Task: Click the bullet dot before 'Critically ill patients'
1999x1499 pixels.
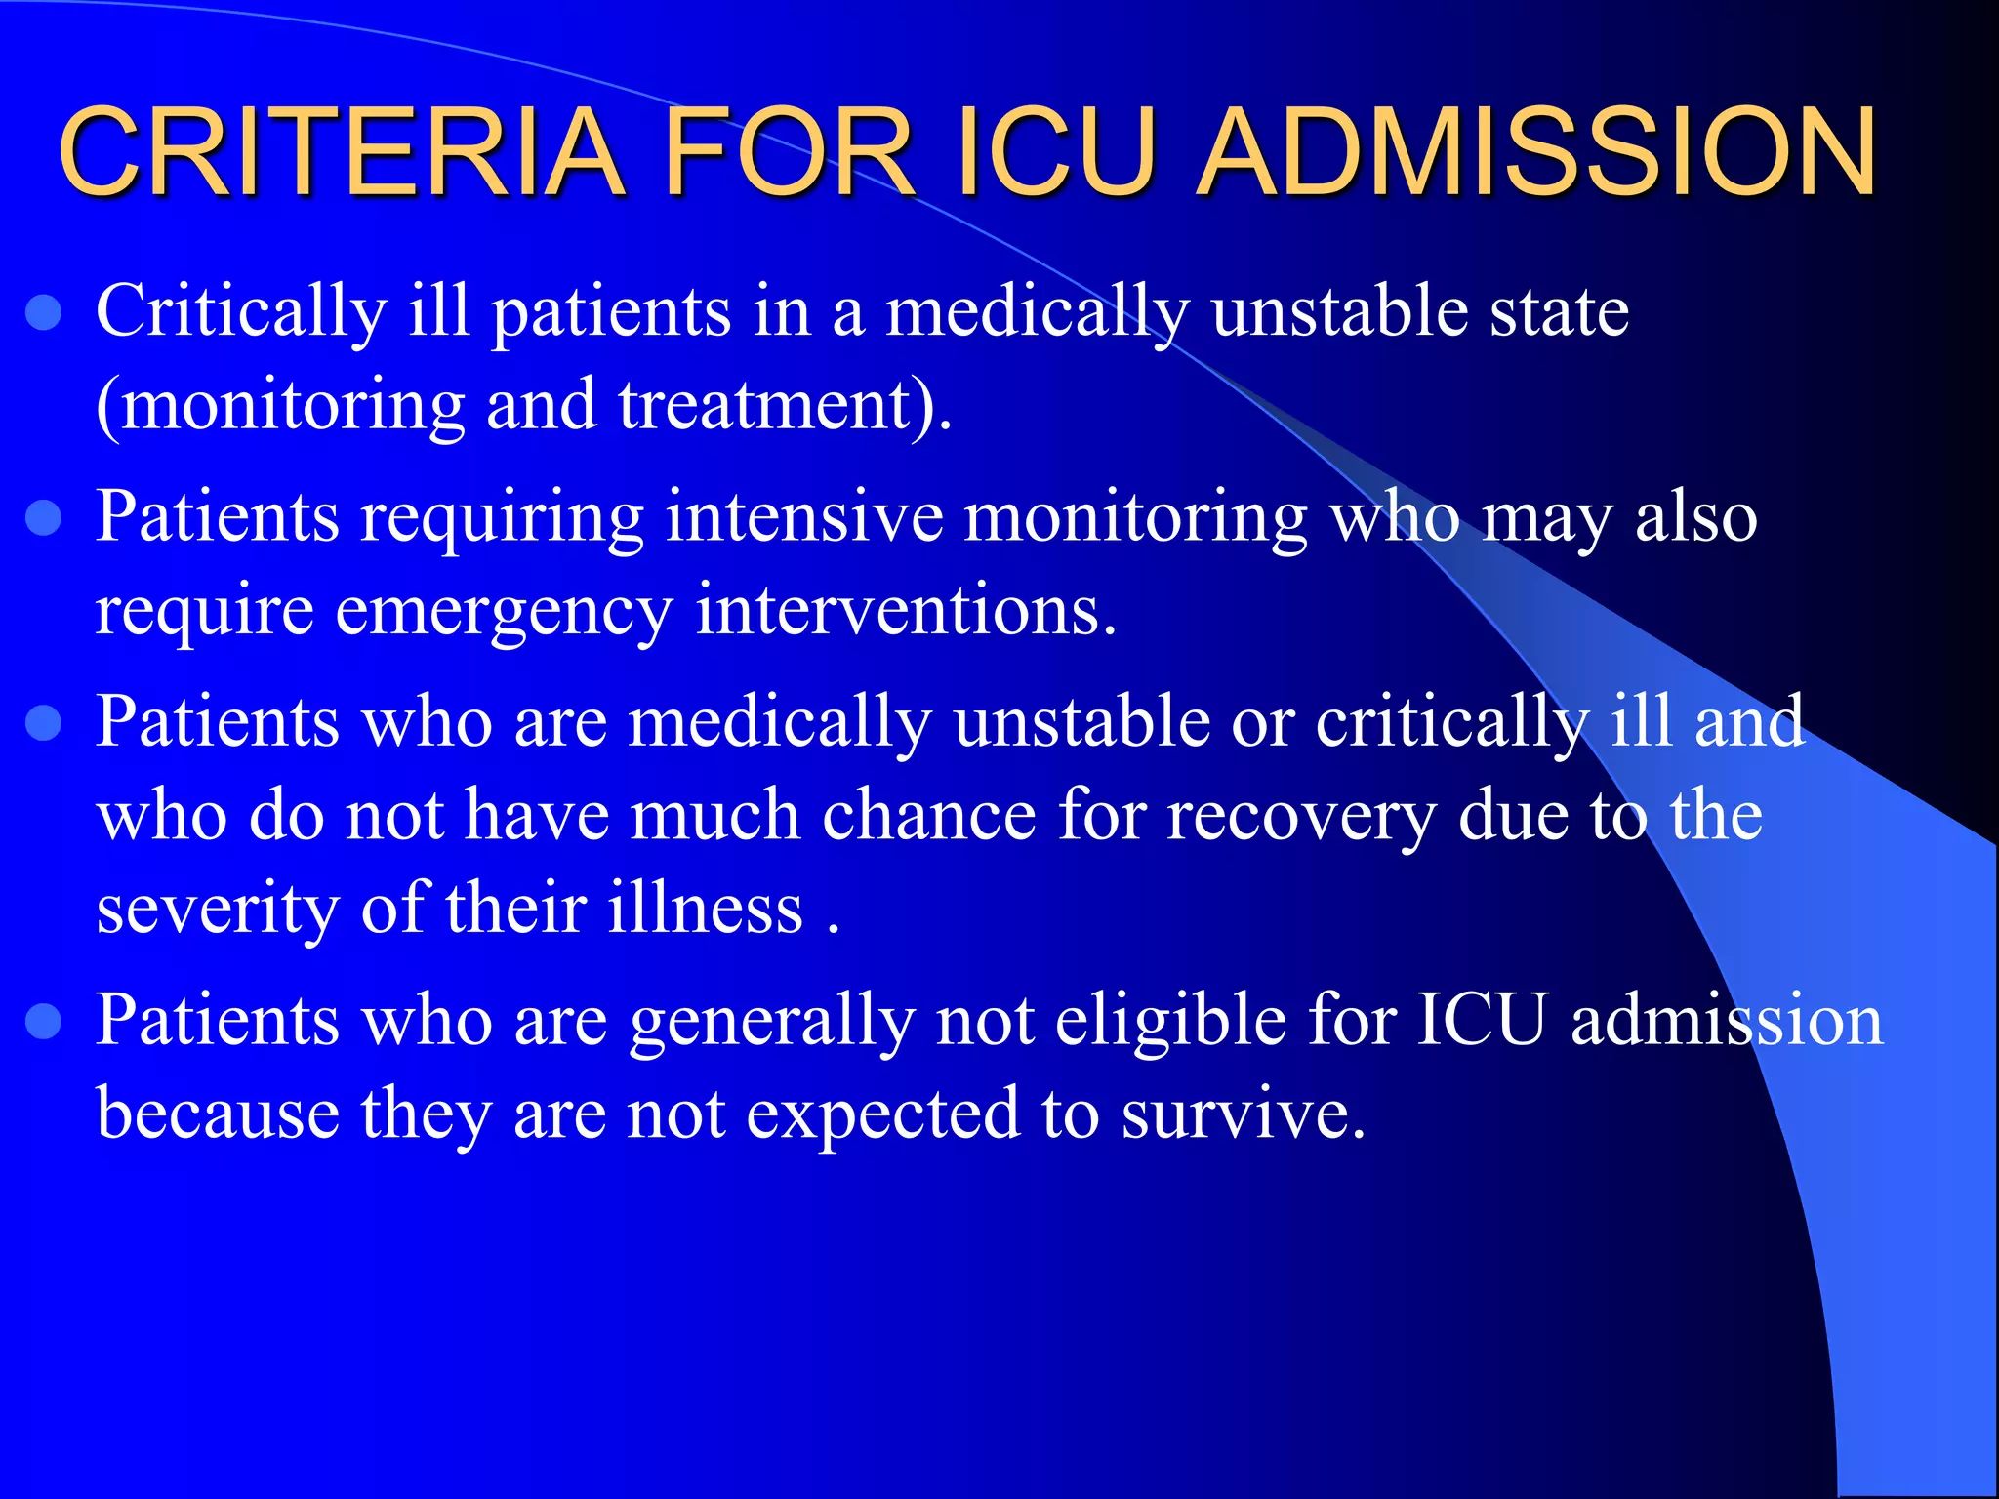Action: point(44,314)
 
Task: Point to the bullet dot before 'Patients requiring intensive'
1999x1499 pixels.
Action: point(44,518)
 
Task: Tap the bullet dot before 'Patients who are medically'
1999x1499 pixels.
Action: point(44,724)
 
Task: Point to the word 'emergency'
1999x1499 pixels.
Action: point(504,611)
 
